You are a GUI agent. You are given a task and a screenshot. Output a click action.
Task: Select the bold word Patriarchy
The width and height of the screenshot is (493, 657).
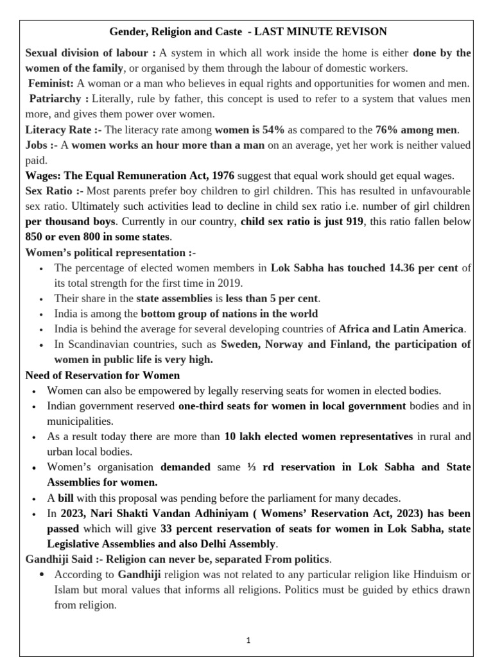tap(55, 99)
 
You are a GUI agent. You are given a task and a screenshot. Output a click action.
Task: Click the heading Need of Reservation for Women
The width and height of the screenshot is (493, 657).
tap(102, 375)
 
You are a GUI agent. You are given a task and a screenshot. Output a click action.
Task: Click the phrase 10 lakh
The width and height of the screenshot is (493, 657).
tap(240, 436)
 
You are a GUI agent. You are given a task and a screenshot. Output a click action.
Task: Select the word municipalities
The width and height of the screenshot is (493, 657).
tap(80, 421)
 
